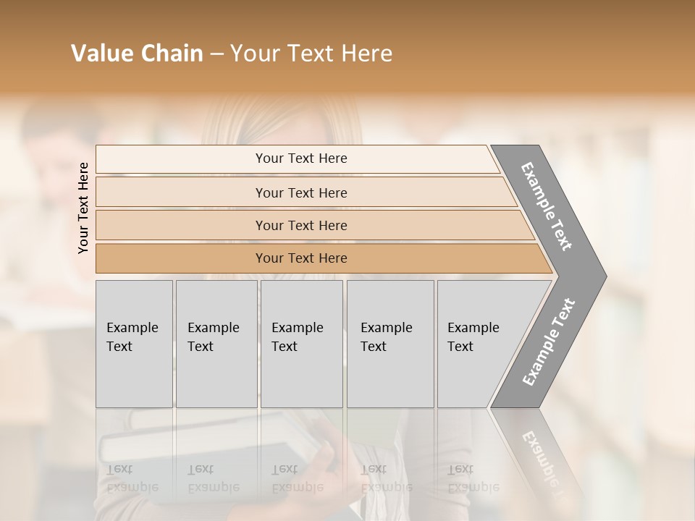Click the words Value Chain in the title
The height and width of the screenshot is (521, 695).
click(x=137, y=54)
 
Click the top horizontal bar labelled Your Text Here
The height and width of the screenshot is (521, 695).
click(x=301, y=158)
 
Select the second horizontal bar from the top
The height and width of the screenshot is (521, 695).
click(x=301, y=192)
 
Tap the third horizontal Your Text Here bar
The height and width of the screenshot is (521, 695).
click(x=301, y=225)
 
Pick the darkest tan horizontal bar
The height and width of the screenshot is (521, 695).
click(x=301, y=258)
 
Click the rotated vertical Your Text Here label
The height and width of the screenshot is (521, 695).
click(x=83, y=208)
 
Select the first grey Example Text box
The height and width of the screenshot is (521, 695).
click(x=134, y=344)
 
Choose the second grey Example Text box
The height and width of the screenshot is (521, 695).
click(x=216, y=344)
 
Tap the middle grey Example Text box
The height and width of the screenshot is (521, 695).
click(x=301, y=344)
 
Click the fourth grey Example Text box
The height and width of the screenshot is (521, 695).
click(x=389, y=344)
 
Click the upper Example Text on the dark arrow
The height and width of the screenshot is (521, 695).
click(x=547, y=206)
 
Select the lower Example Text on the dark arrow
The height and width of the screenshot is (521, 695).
click(x=549, y=342)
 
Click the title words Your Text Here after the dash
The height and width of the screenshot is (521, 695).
click(x=311, y=54)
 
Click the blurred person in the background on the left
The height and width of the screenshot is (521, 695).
click(x=51, y=166)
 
